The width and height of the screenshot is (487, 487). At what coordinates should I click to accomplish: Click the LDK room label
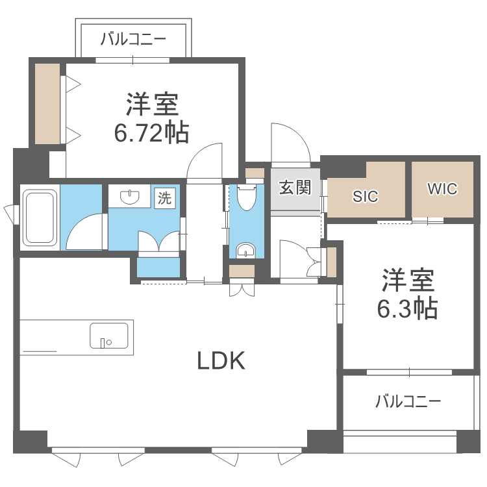pyautogui.click(x=221, y=360)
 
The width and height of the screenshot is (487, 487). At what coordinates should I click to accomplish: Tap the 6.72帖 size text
pyautogui.click(x=152, y=132)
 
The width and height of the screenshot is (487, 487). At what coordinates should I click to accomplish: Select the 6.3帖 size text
pyautogui.click(x=407, y=308)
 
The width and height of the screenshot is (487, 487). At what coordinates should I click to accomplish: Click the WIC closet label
pyautogui.click(x=442, y=189)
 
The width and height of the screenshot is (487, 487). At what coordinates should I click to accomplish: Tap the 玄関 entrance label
pyautogui.click(x=295, y=188)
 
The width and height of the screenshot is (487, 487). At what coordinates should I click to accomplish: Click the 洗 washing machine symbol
pyautogui.click(x=166, y=198)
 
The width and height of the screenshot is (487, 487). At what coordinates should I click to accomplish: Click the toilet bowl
pyautogui.click(x=247, y=197)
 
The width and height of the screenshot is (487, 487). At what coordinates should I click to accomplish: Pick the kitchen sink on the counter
pyautogui.click(x=108, y=336)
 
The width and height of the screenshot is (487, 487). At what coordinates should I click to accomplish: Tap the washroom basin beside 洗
pyautogui.click(x=132, y=196)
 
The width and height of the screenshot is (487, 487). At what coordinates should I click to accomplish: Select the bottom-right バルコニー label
pyautogui.click(x=408, y=401)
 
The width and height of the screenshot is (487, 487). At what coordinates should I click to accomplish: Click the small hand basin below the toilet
pyautogui.click(x=245, y=249)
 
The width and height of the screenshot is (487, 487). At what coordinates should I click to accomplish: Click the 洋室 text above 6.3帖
pyautogui.click(x=407, y=280)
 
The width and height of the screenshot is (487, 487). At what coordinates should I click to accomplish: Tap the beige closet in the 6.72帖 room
pyautogui.click(x=47, y=104)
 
